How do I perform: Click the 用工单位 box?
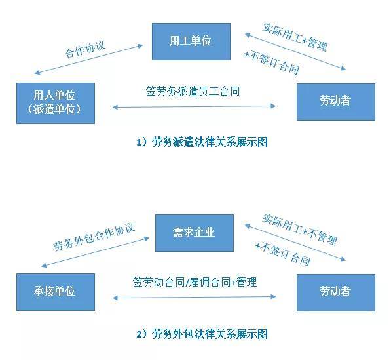[x=191, y=41]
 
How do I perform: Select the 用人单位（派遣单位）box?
[x=56, y=103]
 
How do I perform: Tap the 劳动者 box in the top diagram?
[x=335, y=102]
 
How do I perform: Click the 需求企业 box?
[x=195, y=233]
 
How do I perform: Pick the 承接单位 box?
[x=56, y=292]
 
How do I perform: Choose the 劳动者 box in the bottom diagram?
[x=335, y=292]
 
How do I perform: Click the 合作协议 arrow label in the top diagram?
[x=84, y=49]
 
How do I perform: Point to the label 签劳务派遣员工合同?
[x=193, y=92]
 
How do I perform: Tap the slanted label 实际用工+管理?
[x=295, y=37]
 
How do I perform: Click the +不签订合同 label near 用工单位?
[x=272, y=62]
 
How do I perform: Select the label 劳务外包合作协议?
[x=94, y=237]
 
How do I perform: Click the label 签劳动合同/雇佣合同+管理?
[x=195, y=282]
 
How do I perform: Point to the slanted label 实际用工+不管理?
[x=300, y=230]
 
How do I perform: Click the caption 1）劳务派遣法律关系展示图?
[x=202, y=142]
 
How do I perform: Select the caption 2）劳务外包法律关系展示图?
[x=202, y=334]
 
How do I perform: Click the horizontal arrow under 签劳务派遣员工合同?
[x=195, y=107]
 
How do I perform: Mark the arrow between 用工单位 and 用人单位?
[x=89, y=60]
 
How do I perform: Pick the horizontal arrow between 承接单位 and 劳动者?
[x=195, y=297]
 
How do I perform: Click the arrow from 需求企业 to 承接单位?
[x=95, y=252]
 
